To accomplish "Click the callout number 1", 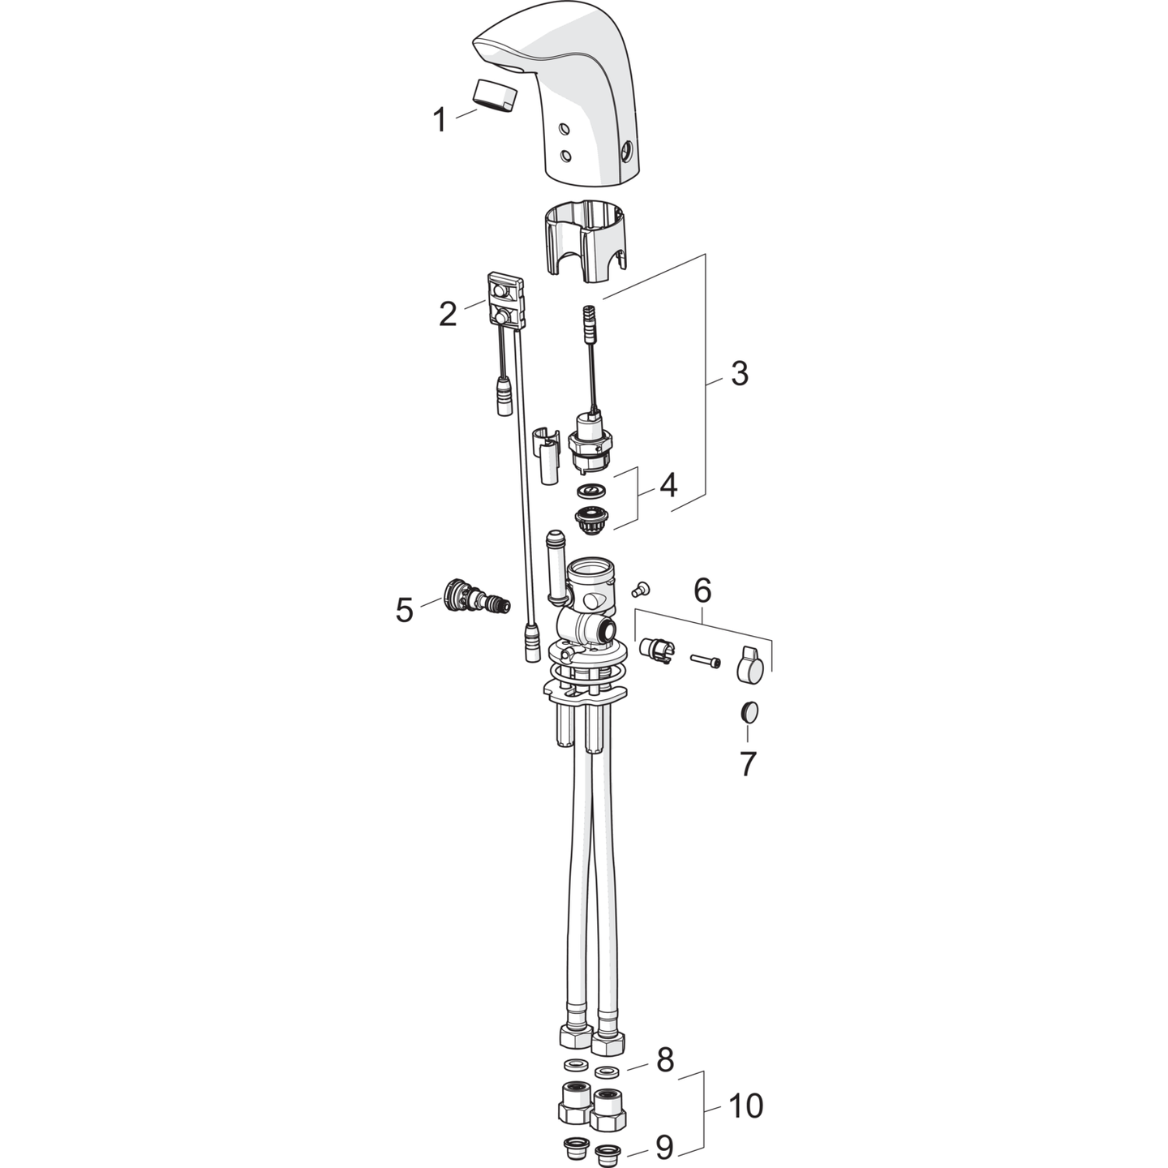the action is click(440, 119).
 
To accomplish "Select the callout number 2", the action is click(448, 314).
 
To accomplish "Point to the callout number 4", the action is click(668, 485).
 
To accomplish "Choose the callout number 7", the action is click(748, 764).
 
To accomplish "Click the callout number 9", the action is click(664, 1147).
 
